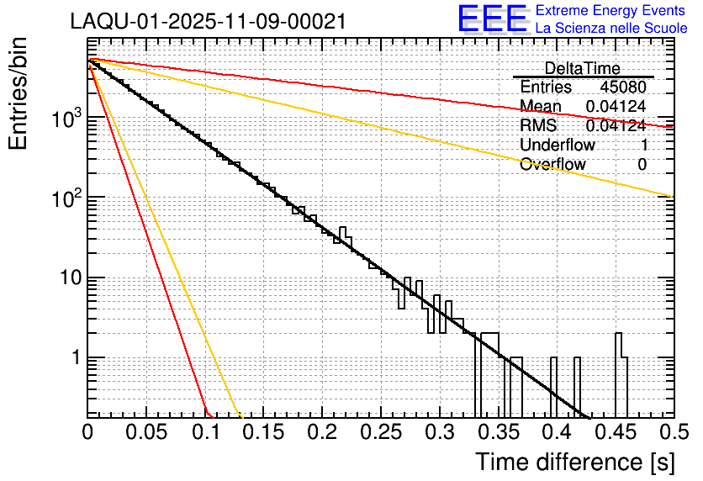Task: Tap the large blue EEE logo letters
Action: pyautogui.click(x=492, y=19)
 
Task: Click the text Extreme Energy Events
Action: pyautogui.click(x=611, y=11)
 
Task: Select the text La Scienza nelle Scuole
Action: pyautogui.click(x=611, y=29)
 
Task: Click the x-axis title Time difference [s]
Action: pyautogui.click(x=574, y=462)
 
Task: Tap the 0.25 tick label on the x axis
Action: pyautogui.click(x=381, y=433)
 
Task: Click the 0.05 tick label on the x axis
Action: pyautogui.click(x=146, y=433)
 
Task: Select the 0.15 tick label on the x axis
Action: pyautogui.click(x=263, y=433)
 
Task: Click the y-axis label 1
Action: pyautogui.click(x=72, y=358)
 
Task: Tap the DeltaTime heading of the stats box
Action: pyautogui.click(x=582, y=68)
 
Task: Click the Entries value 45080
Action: pyautogui.click(x=622, y=87)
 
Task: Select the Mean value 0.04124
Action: pyautogui.click(x=616, y=106)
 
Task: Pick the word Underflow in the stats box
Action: pyautogui.click(x=557, y=145)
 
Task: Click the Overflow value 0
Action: pyautogui.click(x=642, y=164)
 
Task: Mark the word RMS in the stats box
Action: pyautogui.click(x=537, y=125)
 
